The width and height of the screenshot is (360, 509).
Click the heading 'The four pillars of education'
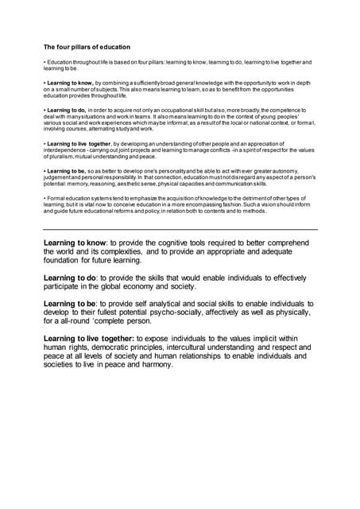[87, 47]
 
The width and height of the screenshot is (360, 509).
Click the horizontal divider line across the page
[180, 229]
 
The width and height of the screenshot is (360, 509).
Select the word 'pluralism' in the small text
[57, 157]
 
